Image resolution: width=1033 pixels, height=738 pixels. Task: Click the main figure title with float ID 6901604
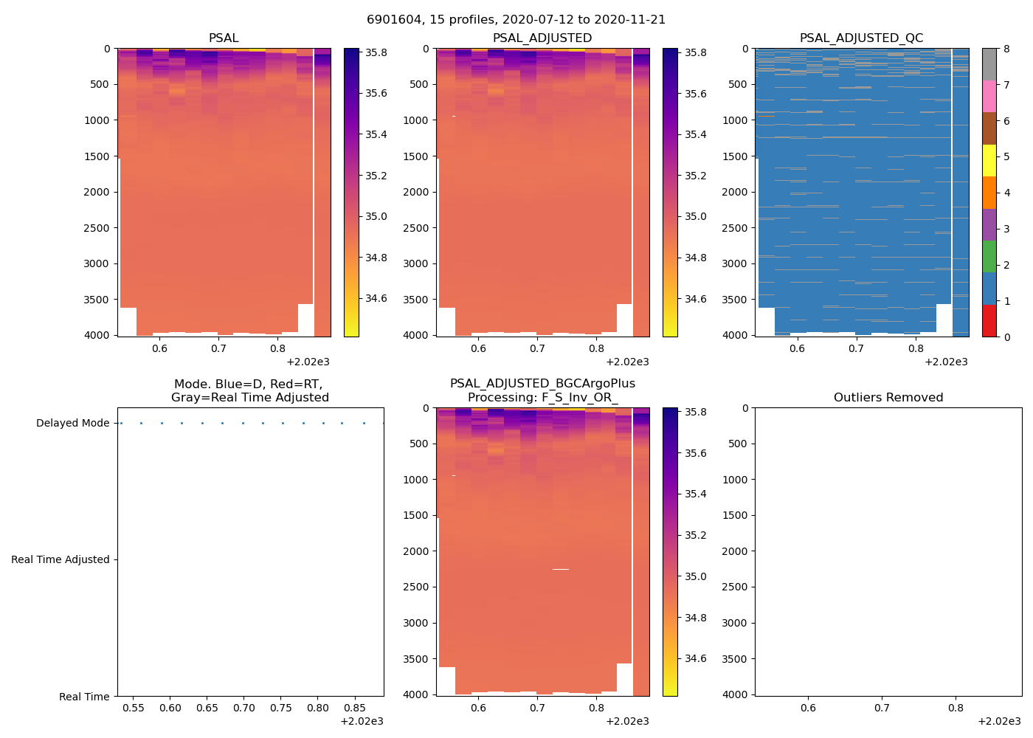(x=516, y=20)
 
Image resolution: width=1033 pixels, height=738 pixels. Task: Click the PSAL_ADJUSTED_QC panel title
(x=861, y=38)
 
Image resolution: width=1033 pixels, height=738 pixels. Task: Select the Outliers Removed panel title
(x=888, y=398)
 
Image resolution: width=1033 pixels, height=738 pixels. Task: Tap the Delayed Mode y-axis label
(x=72, y=424)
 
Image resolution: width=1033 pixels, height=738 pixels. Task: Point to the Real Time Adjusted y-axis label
(x=60, y=560)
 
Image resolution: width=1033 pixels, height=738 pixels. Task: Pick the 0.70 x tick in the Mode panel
(x=244, y=708)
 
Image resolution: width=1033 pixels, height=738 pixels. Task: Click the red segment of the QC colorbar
(x=989, y=321)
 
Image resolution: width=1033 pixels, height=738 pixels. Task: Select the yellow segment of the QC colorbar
(x=989, y=161)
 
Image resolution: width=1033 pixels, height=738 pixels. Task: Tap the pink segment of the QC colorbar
(x=989, y=97)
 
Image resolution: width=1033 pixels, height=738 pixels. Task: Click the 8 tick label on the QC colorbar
(x=1006, y=49)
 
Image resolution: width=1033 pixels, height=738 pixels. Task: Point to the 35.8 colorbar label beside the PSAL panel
(x=376, y=53)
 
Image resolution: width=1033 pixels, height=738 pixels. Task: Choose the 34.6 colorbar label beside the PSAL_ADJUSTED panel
(x=694, y=299)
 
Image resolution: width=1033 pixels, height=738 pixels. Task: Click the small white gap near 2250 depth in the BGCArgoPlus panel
(x=561, y=569)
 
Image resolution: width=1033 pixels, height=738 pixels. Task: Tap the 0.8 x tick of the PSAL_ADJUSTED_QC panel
(x=916, y=349)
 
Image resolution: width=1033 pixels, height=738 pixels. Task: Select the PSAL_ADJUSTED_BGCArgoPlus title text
(x=542, y=384)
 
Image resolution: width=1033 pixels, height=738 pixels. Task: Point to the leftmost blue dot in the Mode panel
(x=121, y=424)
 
